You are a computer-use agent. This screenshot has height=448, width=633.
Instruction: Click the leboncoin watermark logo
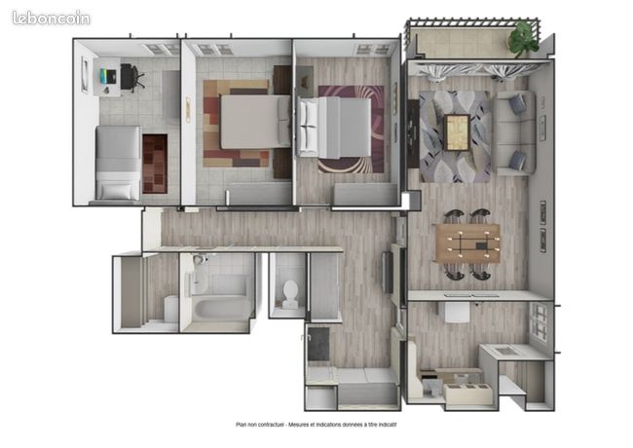click(x=51, y=19)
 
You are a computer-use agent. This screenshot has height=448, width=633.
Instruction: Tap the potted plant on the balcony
click(x=523, y=39)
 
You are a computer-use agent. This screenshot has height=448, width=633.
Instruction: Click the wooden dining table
click(x=467, y=243)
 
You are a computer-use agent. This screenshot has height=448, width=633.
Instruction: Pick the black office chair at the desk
click(x=131, y=77)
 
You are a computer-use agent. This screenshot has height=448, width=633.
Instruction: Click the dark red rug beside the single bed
click(x=155, y=164)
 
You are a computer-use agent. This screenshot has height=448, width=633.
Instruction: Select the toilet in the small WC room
click(x=290, y=294)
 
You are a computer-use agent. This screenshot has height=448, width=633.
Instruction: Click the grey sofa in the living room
click(x=516, y=132)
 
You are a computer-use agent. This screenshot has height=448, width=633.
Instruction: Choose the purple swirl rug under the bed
click(x=352, y=130)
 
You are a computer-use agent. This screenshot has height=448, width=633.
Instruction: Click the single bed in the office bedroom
click(x=118, y=163)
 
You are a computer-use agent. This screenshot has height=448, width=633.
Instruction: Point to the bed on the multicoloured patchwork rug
click(x=255, y=121)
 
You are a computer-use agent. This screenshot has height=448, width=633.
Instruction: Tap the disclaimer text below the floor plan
click(x=316, y=425)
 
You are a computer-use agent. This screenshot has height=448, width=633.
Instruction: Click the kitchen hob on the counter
click(x=504, y=351)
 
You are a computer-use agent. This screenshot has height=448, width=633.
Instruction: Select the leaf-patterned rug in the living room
click(x=456, y=136)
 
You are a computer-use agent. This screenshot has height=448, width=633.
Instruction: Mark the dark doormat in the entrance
click(x=318, y=344)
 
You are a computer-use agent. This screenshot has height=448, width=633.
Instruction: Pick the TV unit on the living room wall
click(x=413, y=133)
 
